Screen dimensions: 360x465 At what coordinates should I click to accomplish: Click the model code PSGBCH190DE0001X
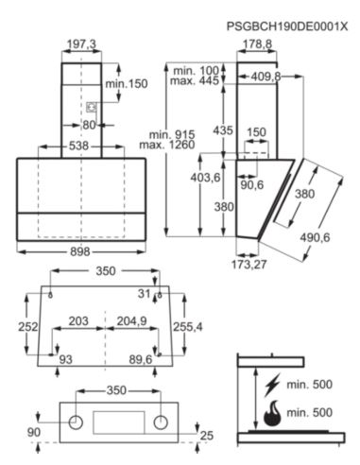click(x=287, y=26)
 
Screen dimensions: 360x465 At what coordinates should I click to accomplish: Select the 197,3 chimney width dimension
click(x=81, y=44)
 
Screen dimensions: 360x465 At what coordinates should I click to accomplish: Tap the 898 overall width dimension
click(x=80, y=251)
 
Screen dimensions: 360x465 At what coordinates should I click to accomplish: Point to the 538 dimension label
click(x=78, y=146)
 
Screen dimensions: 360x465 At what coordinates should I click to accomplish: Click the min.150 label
click(x=127, y=84)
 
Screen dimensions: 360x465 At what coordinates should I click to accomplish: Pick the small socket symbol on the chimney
click(x=92, y=108)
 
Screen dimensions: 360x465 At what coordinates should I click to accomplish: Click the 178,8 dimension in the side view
click(x=258, y=43)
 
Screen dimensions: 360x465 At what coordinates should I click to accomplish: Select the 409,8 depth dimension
click(x=266, y=77)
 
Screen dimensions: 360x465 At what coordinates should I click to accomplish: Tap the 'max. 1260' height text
click(x=167, y=145)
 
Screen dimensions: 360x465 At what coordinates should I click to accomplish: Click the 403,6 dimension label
click(x=205, y=178)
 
